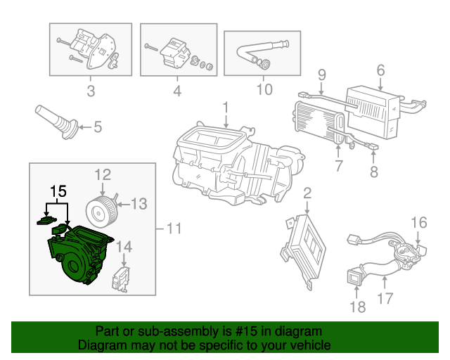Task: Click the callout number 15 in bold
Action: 58,191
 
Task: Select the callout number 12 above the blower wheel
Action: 103,174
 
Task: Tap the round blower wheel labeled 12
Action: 102,212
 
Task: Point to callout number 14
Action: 124,247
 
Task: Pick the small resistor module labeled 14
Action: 121,279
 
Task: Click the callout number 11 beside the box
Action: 174,229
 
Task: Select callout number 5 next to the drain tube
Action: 98,127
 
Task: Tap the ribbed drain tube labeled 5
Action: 56,122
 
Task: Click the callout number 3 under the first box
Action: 91,91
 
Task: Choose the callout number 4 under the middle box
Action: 177,91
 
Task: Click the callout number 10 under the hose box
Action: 264,89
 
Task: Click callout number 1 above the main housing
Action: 226,108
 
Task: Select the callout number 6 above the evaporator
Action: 380,70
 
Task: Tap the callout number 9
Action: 322,75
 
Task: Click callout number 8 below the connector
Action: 373,172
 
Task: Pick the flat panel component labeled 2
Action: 304,250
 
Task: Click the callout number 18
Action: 358,307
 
